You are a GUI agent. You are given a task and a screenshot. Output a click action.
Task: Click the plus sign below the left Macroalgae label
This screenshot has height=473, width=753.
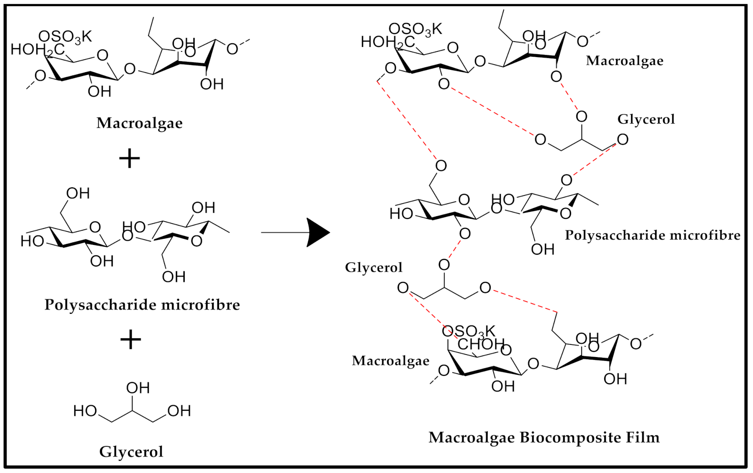[129, 158]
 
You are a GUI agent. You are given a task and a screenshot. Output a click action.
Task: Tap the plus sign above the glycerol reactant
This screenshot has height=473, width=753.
[131, 339]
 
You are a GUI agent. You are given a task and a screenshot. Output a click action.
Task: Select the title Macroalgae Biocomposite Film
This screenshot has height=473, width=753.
[544, 437]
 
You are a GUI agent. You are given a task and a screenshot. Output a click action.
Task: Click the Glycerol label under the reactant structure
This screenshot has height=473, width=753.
[131, 452]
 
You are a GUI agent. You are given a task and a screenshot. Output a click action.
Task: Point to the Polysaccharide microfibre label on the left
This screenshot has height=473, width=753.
[142, 305]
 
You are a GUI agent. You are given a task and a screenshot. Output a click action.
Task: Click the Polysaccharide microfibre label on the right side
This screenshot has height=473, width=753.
[652, 235]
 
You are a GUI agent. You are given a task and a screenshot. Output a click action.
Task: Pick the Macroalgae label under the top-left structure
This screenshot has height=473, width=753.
[139, 123]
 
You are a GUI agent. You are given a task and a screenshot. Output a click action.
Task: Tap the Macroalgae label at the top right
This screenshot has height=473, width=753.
[624, 61]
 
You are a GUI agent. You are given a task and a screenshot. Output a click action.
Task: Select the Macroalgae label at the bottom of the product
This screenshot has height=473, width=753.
[390, 361]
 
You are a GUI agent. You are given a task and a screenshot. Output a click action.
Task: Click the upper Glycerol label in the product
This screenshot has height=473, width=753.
[646, 119]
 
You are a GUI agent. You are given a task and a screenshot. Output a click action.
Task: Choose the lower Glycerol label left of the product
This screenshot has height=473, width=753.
[373, 268]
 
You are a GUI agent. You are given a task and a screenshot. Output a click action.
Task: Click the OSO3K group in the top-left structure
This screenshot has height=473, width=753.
[65, 37]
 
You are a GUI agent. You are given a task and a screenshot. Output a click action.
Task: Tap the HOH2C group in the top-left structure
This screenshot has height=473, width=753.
[37, 50]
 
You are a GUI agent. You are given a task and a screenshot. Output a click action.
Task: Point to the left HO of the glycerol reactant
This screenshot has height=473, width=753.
[85, 411]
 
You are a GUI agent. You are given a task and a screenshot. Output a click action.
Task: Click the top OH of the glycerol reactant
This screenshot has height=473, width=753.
[138, 388]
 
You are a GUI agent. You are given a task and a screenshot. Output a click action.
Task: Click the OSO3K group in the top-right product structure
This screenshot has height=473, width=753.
[415, 29]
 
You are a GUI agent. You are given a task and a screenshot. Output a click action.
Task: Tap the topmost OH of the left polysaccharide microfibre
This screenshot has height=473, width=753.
[78, 193]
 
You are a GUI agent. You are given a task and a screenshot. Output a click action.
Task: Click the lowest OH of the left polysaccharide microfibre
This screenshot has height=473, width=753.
[173, 277]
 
